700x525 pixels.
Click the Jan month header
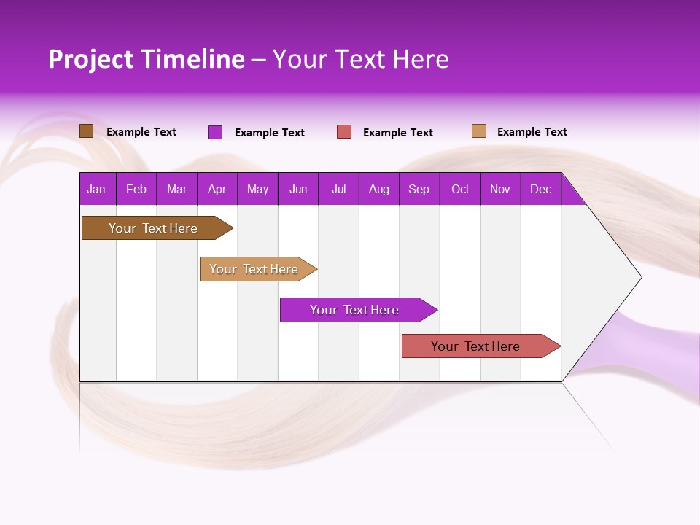tap(96, 190)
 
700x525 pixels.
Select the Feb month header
tap(136, 190)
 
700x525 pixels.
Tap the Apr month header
tap(217, 190)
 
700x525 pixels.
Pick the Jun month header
tap(298, 190)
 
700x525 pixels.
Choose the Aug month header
tap(378, 190)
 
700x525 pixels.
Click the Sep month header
tap(419, 190)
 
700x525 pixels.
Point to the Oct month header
tap(460, 190)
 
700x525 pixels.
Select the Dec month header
tap(540, 190)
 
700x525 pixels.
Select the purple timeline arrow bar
tap(355, 310)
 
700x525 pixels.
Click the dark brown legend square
tap(86, 131)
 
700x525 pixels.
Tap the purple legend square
tap(215, 132)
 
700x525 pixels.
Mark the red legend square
tap(344, 132)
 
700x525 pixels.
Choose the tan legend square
tap(479, 131)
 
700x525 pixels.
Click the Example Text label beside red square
tap(398, 133)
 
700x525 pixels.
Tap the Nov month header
tap(500, 190)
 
